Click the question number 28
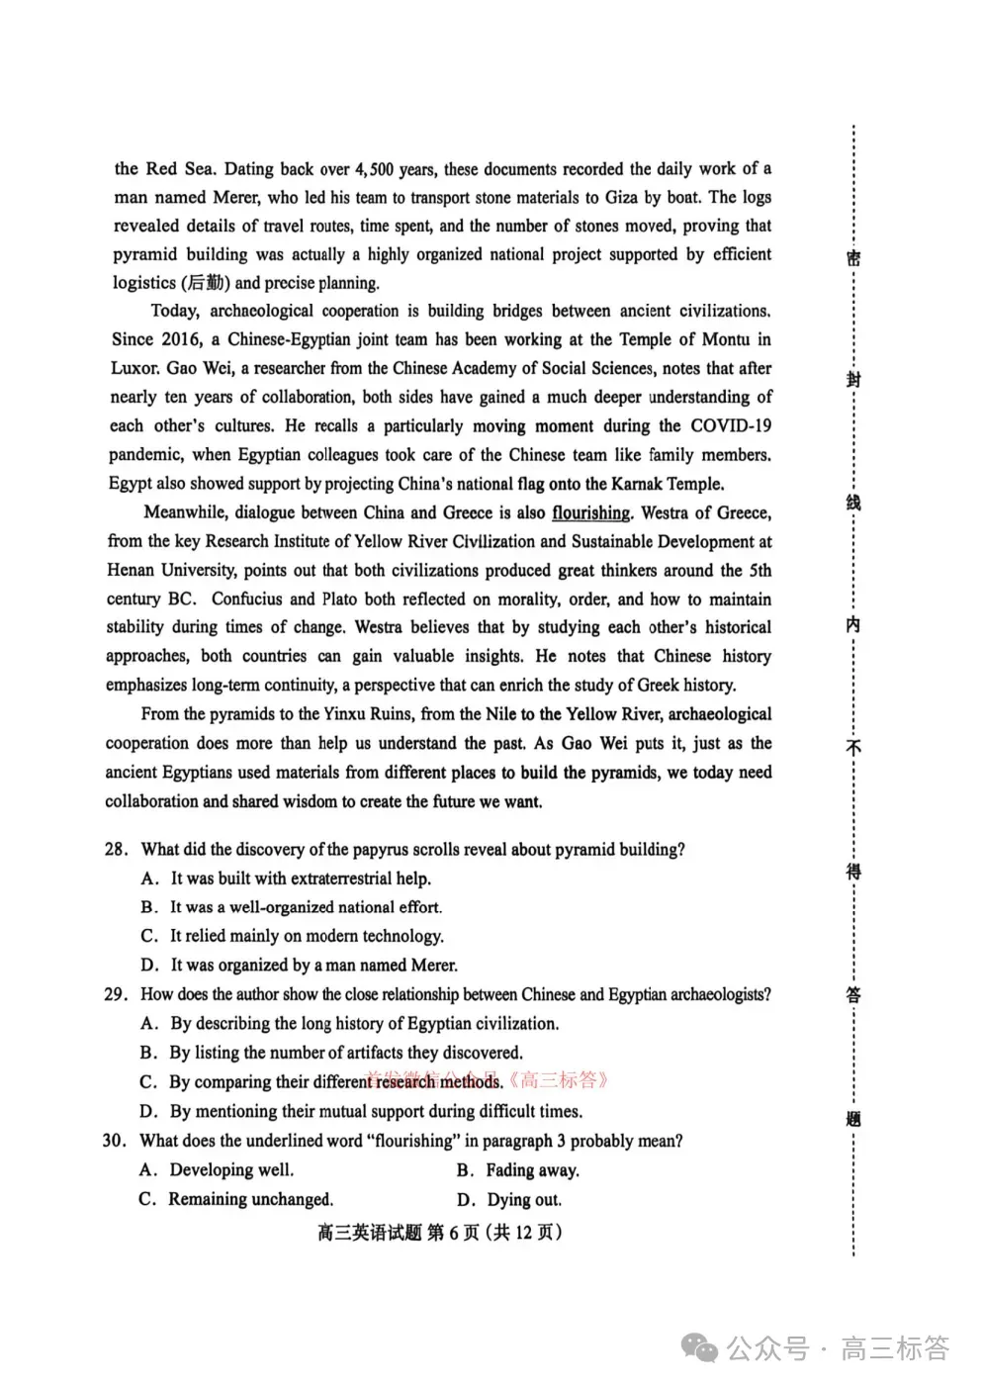[116, 850]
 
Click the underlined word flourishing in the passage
[590, 512]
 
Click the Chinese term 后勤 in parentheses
[205, 283]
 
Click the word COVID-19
[731, 426]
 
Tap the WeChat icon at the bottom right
[703, 1347]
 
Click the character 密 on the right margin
[853, 258]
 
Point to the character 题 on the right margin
[853, 1119]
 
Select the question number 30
[114, 1141]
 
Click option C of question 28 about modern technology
[306, 936]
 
